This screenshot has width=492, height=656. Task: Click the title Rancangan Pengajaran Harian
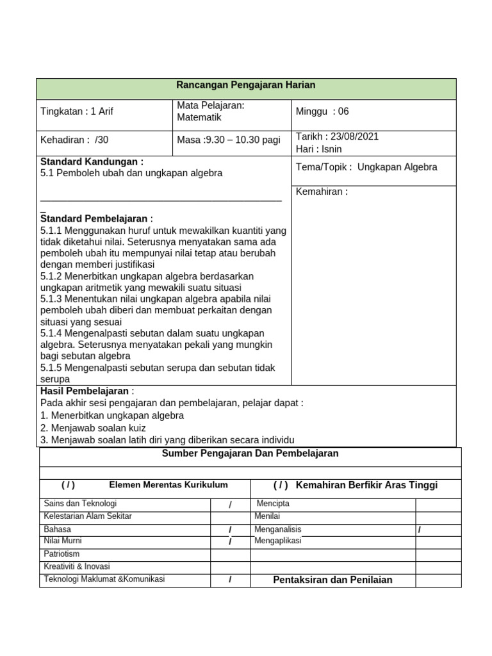[x=246, y=85]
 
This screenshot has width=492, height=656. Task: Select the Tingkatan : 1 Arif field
[x=77, y=111]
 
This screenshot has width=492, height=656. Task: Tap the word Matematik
[x=199, y=118]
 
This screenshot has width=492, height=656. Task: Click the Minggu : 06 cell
[x=322, y=111]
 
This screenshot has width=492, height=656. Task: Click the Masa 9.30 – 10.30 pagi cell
[x=229, y=140]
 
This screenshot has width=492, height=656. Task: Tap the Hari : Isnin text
[x=319, y=149]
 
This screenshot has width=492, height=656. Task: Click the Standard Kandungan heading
[x=92, y=161]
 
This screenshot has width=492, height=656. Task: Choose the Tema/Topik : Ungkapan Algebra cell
[x=366, y=167]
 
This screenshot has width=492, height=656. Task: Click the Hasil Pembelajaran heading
[x=87, y=391]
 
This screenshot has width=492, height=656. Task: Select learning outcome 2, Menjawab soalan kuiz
[x=93, y=427]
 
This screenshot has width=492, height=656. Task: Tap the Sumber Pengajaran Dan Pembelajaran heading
[x=250, y=454]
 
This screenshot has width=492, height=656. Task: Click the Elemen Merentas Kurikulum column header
[x=168, y=485]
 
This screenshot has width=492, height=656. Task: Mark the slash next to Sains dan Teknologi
[x=230, y=505]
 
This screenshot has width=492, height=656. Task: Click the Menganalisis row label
[x=278, y=529]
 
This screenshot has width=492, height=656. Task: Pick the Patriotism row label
[x=61, y=553]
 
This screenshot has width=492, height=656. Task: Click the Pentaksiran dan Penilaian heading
[x=332, y=580]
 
